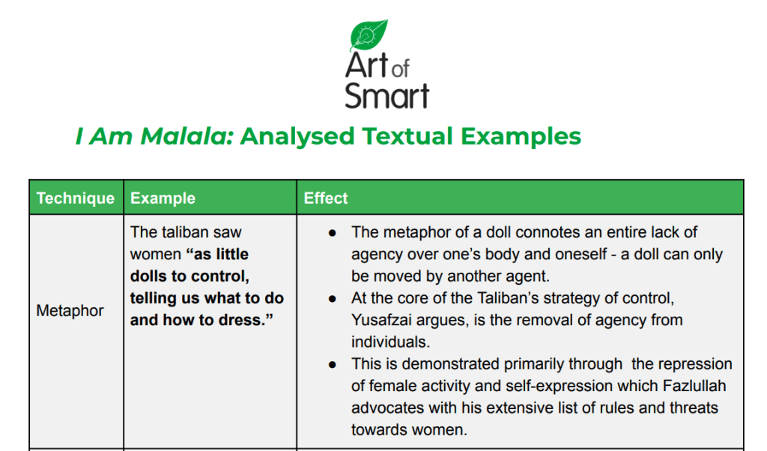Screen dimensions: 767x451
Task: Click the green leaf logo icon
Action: point(369,35)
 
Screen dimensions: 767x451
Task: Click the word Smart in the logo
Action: point(387,96)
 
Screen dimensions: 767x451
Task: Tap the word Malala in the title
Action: point(187,136)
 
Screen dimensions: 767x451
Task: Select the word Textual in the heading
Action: point(407,136)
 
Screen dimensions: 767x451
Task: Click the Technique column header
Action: point(76,198)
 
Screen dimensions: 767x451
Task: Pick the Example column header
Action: point(163,198)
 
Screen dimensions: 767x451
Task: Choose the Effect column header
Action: point(326,198)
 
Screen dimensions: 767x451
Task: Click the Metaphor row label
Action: point(70,311)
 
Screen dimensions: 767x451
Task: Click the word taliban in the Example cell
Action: point(184,231)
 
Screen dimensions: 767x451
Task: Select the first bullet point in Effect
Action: point(333,233)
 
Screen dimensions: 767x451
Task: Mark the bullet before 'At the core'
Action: point(333,299)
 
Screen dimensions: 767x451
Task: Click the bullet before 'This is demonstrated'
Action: point(333,364)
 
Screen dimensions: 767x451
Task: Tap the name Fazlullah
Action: point(694,386)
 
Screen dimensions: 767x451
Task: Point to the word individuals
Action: point(390,342)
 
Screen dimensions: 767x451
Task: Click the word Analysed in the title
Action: point(297,136)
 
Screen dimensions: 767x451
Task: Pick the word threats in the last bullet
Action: point(694,408)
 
